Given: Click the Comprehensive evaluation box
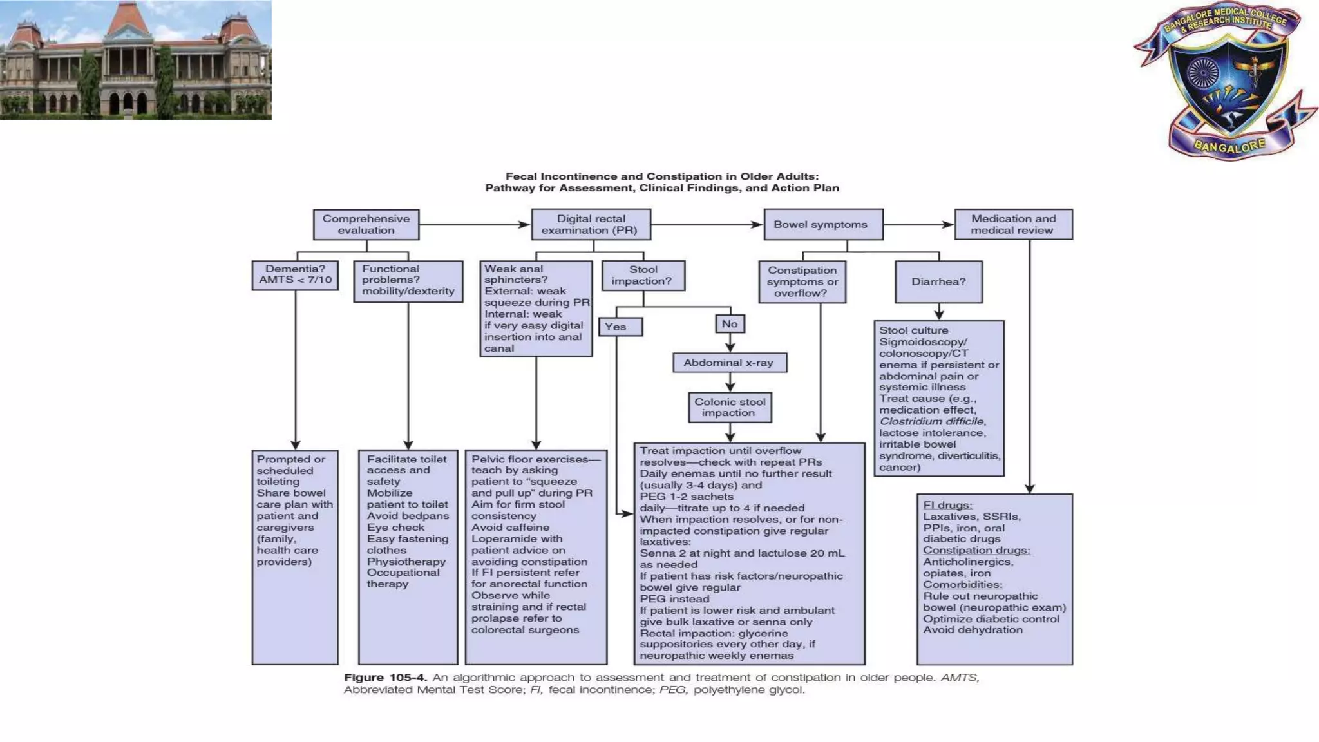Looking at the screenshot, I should [366, 224].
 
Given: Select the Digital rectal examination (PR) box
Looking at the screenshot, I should [590, 224].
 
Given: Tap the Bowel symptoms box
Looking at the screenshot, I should [822, 224].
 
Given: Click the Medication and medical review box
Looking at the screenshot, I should [1012, 224].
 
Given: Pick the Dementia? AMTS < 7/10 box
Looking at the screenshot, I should [295, 275].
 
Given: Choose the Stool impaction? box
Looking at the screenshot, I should [642, 275].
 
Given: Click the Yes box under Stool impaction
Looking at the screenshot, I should [620, 327].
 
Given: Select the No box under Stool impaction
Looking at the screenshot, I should [729, 323].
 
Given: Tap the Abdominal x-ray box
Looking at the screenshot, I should [729, 363].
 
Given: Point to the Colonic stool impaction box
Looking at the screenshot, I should [729, 407].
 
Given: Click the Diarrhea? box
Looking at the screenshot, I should [938, 281].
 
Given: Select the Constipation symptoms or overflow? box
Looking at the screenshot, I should [802, 281].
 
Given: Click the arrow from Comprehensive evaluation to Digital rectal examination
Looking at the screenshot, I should [474, 224].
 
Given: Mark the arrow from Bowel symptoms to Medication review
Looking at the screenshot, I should [918, 224].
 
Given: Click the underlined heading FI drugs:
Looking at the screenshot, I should [947, 505].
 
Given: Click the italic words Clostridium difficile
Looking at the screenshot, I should [931, 421].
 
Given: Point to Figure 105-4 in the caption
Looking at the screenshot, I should [384, 678].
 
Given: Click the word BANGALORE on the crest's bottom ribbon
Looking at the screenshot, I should [1229, 146].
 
